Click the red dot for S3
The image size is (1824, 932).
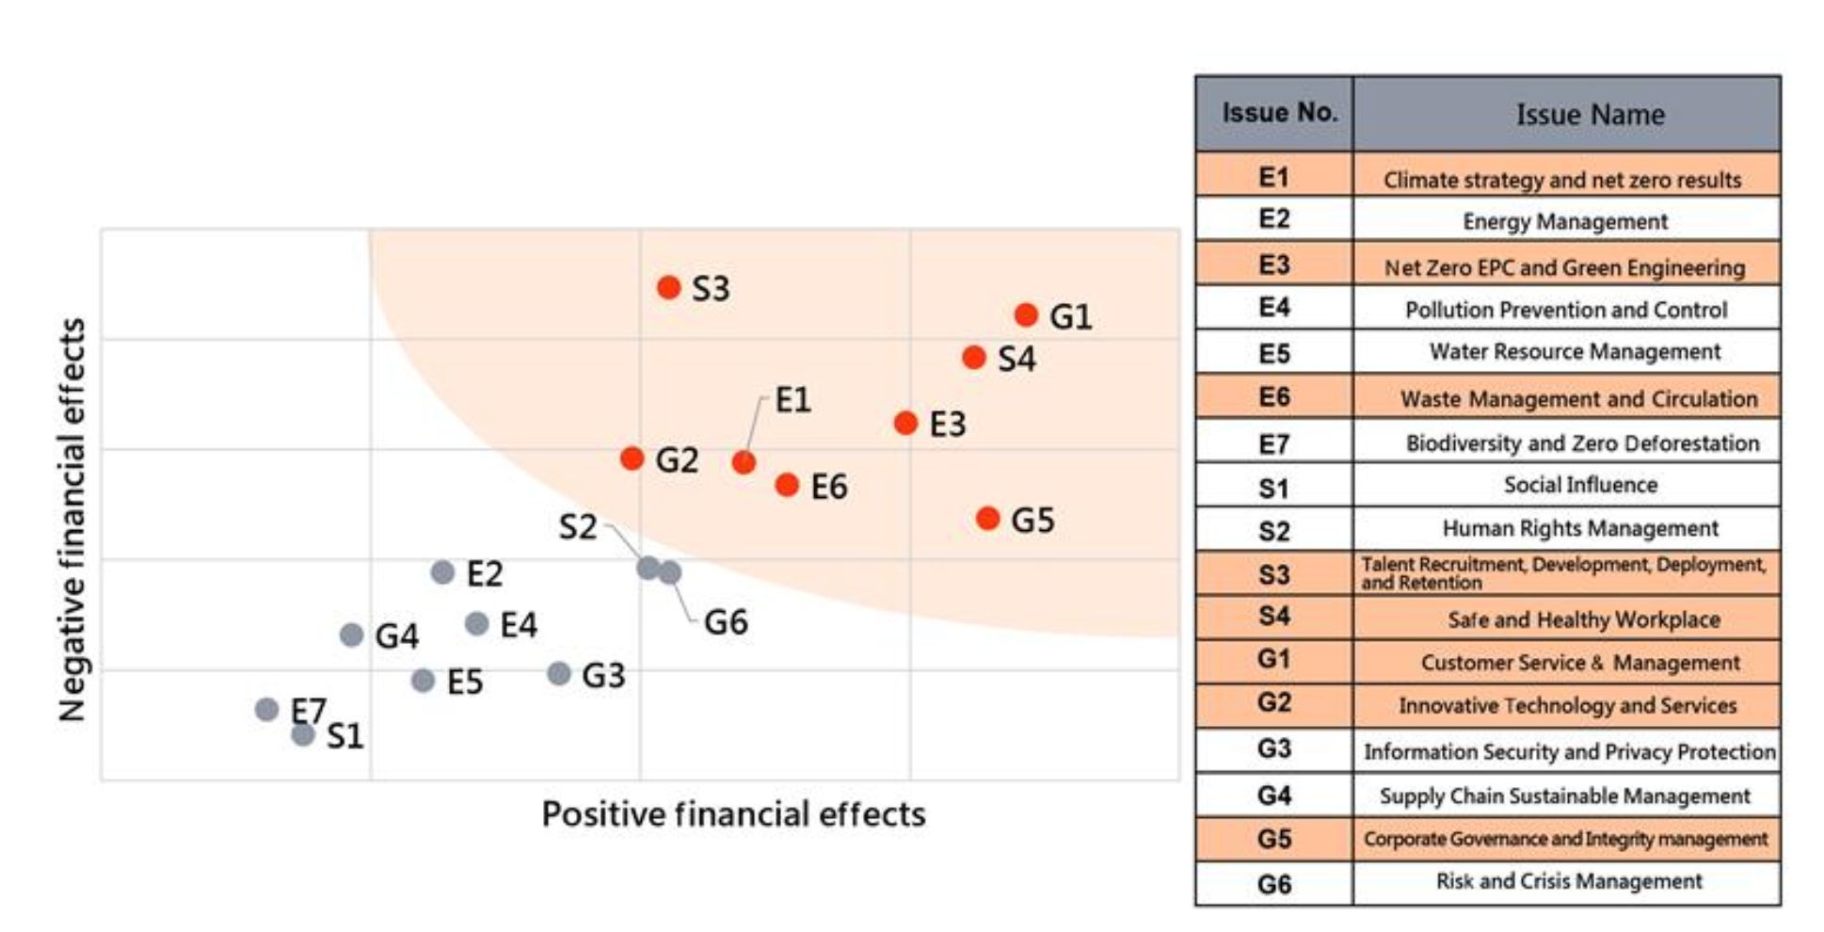[x=668, y=287]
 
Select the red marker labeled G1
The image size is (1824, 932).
[x=1026, y=314]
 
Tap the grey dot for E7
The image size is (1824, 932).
[x=266, y=709]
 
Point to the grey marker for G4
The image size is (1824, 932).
[x=351, y=635]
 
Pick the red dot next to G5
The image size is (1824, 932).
[x=987, y=518]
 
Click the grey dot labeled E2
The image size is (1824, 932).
[x=442, y=571]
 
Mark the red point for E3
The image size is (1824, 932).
[x=905, y=423]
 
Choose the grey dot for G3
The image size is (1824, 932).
[x=559, y=673]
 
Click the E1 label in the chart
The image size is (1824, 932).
[x=792, y=400]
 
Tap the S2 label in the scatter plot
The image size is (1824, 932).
[x=577, y=527]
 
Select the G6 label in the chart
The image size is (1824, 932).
[x=726, y=622]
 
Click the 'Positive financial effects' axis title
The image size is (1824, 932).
[x=733, y=814]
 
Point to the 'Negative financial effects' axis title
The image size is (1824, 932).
[x=72, y=520]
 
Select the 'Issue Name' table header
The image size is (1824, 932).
[x=1590, y=115]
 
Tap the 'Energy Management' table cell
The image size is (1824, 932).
[x=1565, y=221]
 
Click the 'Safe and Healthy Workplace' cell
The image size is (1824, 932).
[x=1584, y=619]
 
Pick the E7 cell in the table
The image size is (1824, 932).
[x=1273, y=443]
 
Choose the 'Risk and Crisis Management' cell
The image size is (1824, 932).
[x=1569, y=882]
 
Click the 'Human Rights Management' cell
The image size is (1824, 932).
[x=1580, y=529]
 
